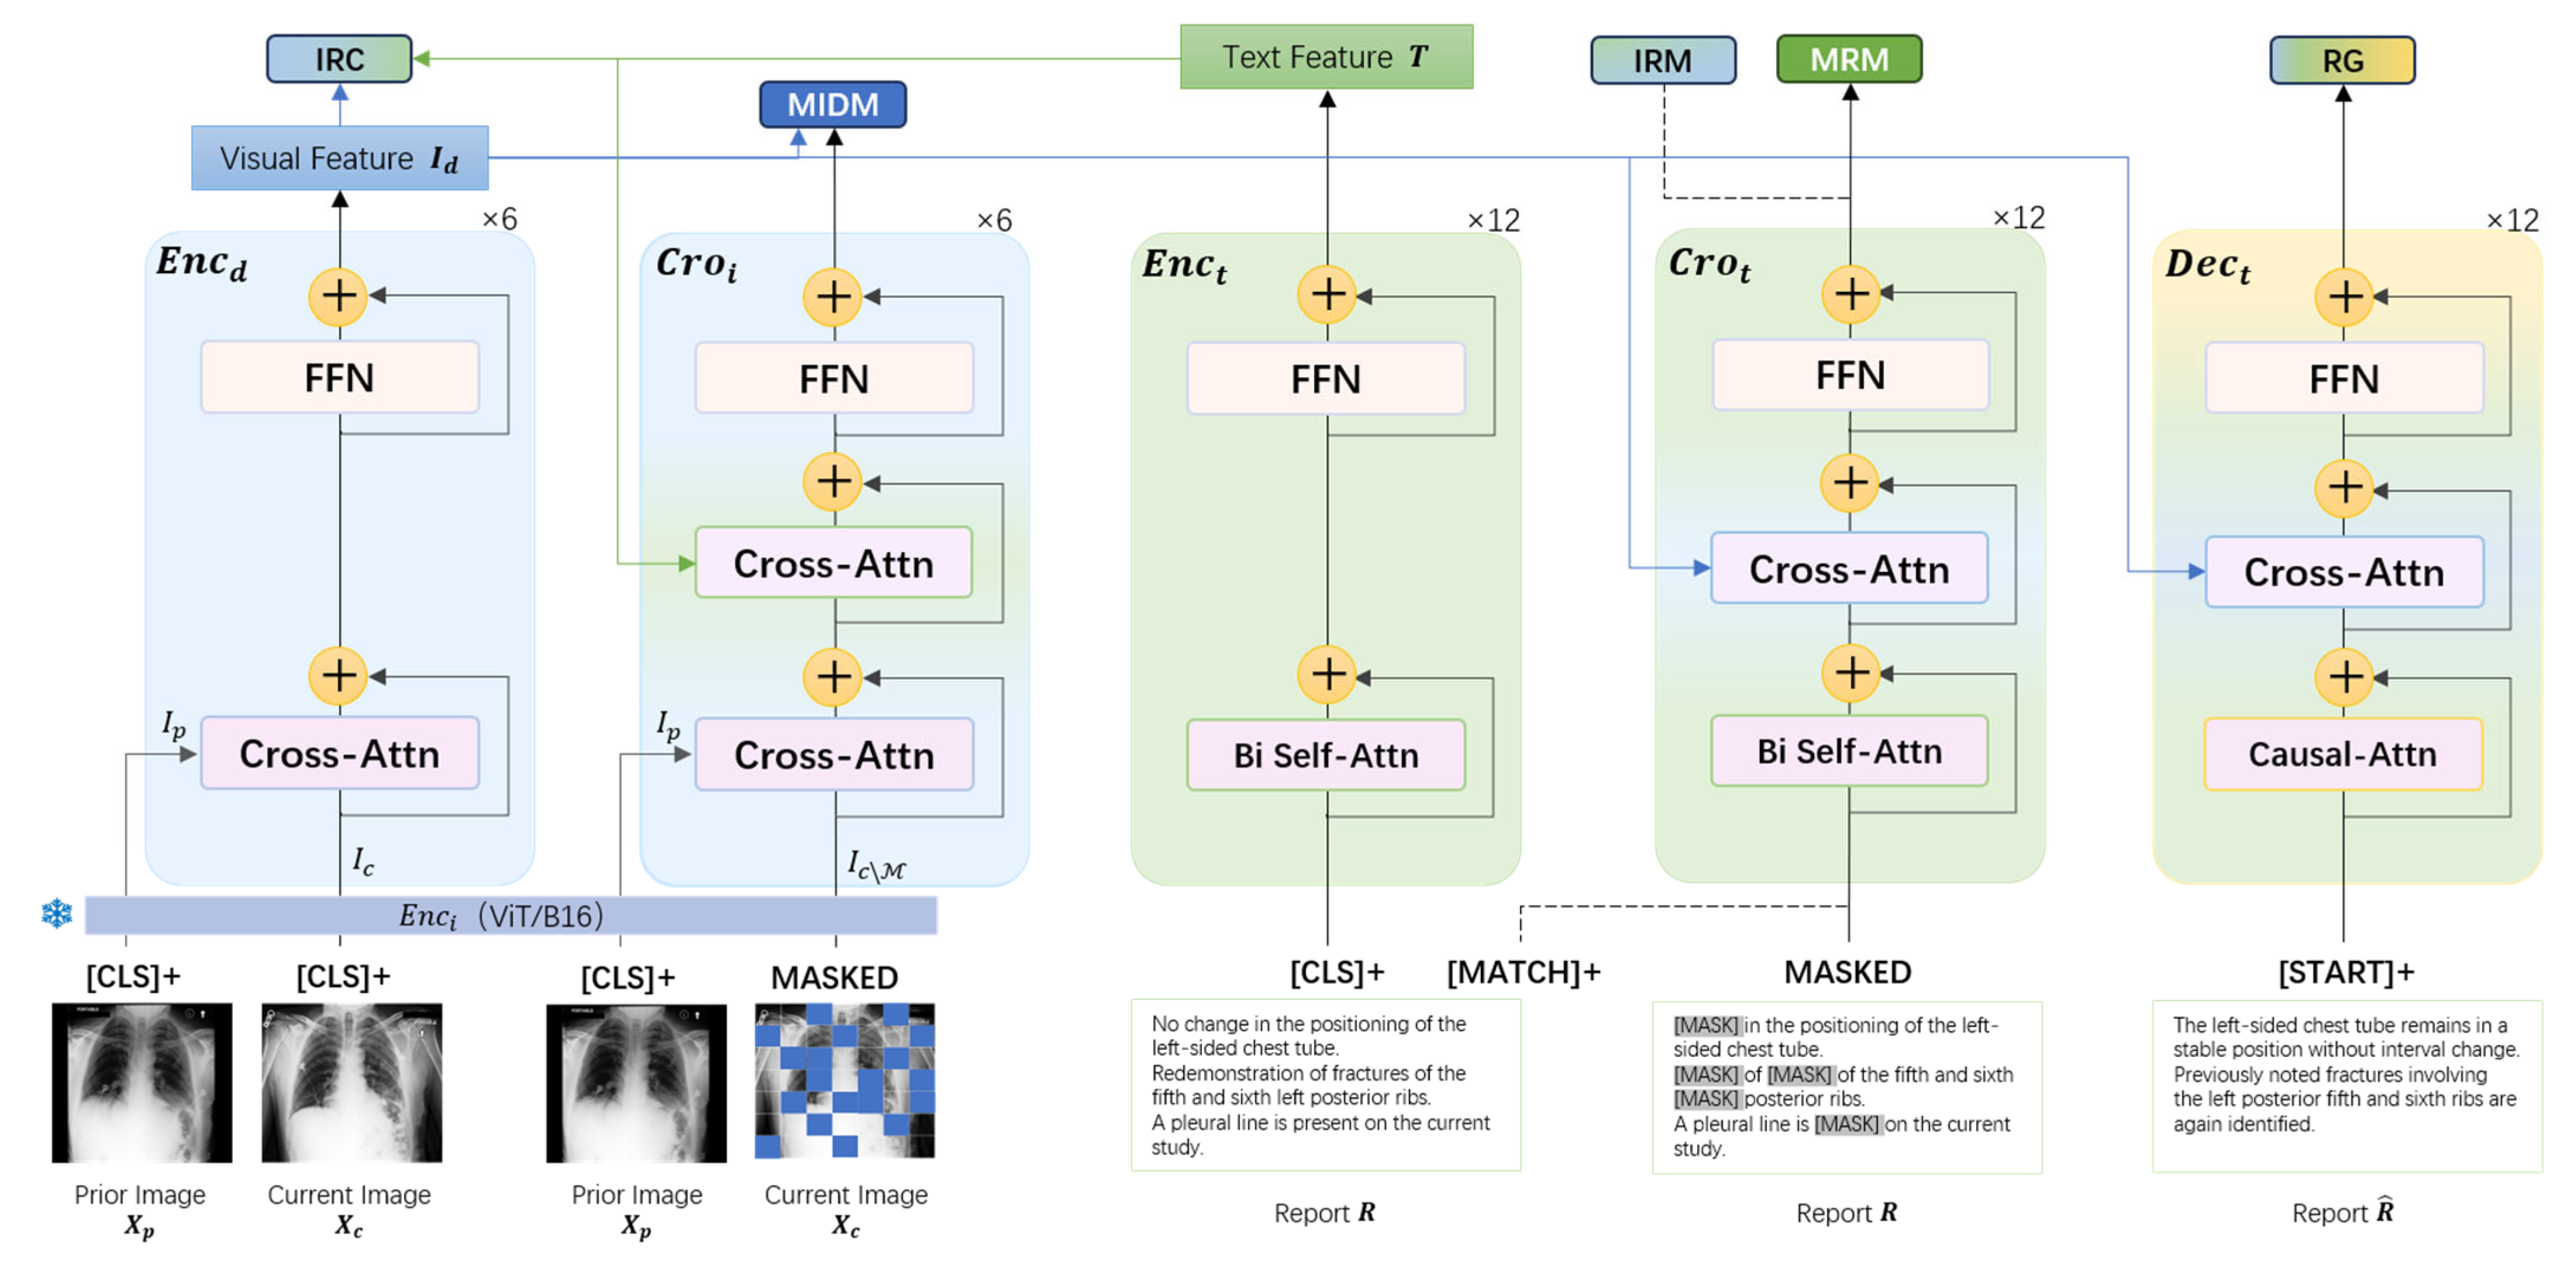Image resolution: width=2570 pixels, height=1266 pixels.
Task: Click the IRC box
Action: coord(339,59)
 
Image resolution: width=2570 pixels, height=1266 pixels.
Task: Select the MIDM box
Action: coord(833,105)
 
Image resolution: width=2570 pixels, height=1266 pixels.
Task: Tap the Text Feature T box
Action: coord(1326,57)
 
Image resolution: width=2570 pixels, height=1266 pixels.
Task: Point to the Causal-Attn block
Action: coord(2342,754)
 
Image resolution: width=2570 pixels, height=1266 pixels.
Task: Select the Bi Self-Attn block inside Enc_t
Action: coord(1326,755)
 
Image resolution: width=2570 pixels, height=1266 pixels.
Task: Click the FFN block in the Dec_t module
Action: coord(2344,378)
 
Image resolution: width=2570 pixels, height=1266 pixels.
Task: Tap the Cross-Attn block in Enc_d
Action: coord(339,753)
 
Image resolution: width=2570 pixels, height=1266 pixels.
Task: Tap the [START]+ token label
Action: coord(2345,972)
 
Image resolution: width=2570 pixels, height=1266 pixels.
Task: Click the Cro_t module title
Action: coord(1710,264)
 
